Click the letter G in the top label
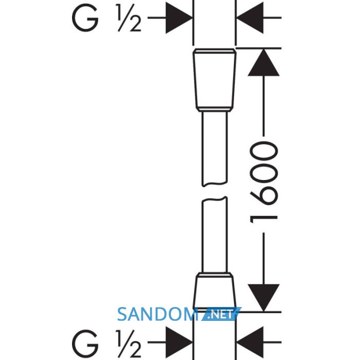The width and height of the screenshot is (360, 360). (85, 17)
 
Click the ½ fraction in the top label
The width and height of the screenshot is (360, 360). (129, 18)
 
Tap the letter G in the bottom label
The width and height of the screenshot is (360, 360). (85, 343)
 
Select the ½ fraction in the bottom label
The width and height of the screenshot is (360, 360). (129, 344)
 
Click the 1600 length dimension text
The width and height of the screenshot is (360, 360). (264, 183)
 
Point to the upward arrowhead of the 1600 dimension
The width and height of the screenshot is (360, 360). (263, 62)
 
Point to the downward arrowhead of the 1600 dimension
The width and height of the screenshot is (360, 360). (263, 298)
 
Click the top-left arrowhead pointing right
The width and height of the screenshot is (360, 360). (179, 17)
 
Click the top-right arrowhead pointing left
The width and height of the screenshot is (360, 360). (250, 17)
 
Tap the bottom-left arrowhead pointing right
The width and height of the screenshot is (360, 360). (179, 343)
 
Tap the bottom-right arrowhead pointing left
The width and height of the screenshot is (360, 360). (250, 343)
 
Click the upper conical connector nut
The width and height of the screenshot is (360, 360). (214, 80)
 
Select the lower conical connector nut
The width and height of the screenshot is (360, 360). (214, 291)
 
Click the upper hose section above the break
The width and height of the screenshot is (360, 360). (214, 149)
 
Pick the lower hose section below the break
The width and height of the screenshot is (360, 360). (214, 235)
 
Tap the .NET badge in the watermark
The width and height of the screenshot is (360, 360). (220, 315)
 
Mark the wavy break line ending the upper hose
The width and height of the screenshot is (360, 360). (214, 184)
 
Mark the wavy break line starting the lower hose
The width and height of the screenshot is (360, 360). (214, 199)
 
